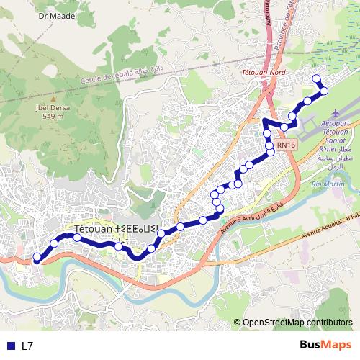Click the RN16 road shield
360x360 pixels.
(286, 145)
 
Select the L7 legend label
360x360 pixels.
(28, 346)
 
